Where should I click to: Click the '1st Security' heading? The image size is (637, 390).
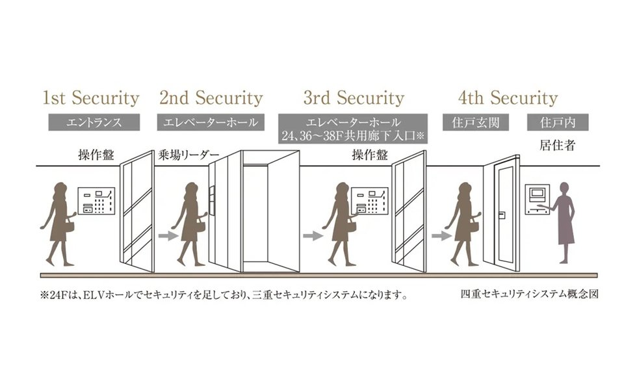pyautogui.click(x=91, y=98)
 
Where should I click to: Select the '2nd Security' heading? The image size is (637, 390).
pyautogui.click(x=211, y=98)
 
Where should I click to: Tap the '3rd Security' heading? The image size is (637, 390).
pyautogui.click(x=354, y=98)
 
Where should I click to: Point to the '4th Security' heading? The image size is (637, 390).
pyautogui.click(x=508, y=98)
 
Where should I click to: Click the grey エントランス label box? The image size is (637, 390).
pyautogui.click(x=94, y=122)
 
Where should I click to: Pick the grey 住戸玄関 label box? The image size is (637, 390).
pyautogui.click(x=475, y=122)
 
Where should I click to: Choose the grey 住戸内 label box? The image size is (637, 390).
pyautogui.click(x=558, y=122)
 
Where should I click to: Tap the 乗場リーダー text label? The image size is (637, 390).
pyautogui.click(x=188, y=155)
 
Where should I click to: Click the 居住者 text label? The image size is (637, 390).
pyautogui.click(x=558, y=145)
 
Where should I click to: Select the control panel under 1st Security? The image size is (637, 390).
pyautogui.click(x=96, y=201)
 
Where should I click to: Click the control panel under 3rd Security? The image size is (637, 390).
pyautogui.click(x=369, y=201)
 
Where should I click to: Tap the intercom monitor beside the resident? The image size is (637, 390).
pyautogui.click(x=537, y=200)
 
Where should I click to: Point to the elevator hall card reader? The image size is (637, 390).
pyautogui.click(x=211, y=200)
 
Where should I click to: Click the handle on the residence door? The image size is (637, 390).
pyautogui.click(x=502, y=215)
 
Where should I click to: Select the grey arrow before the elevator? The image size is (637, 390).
pyautogui.click(x=168, y=235)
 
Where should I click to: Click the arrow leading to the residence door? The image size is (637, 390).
pyautogui.click(x=441, y=235)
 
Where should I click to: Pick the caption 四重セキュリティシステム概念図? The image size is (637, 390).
pyautogui.click(x=529, y=294)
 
